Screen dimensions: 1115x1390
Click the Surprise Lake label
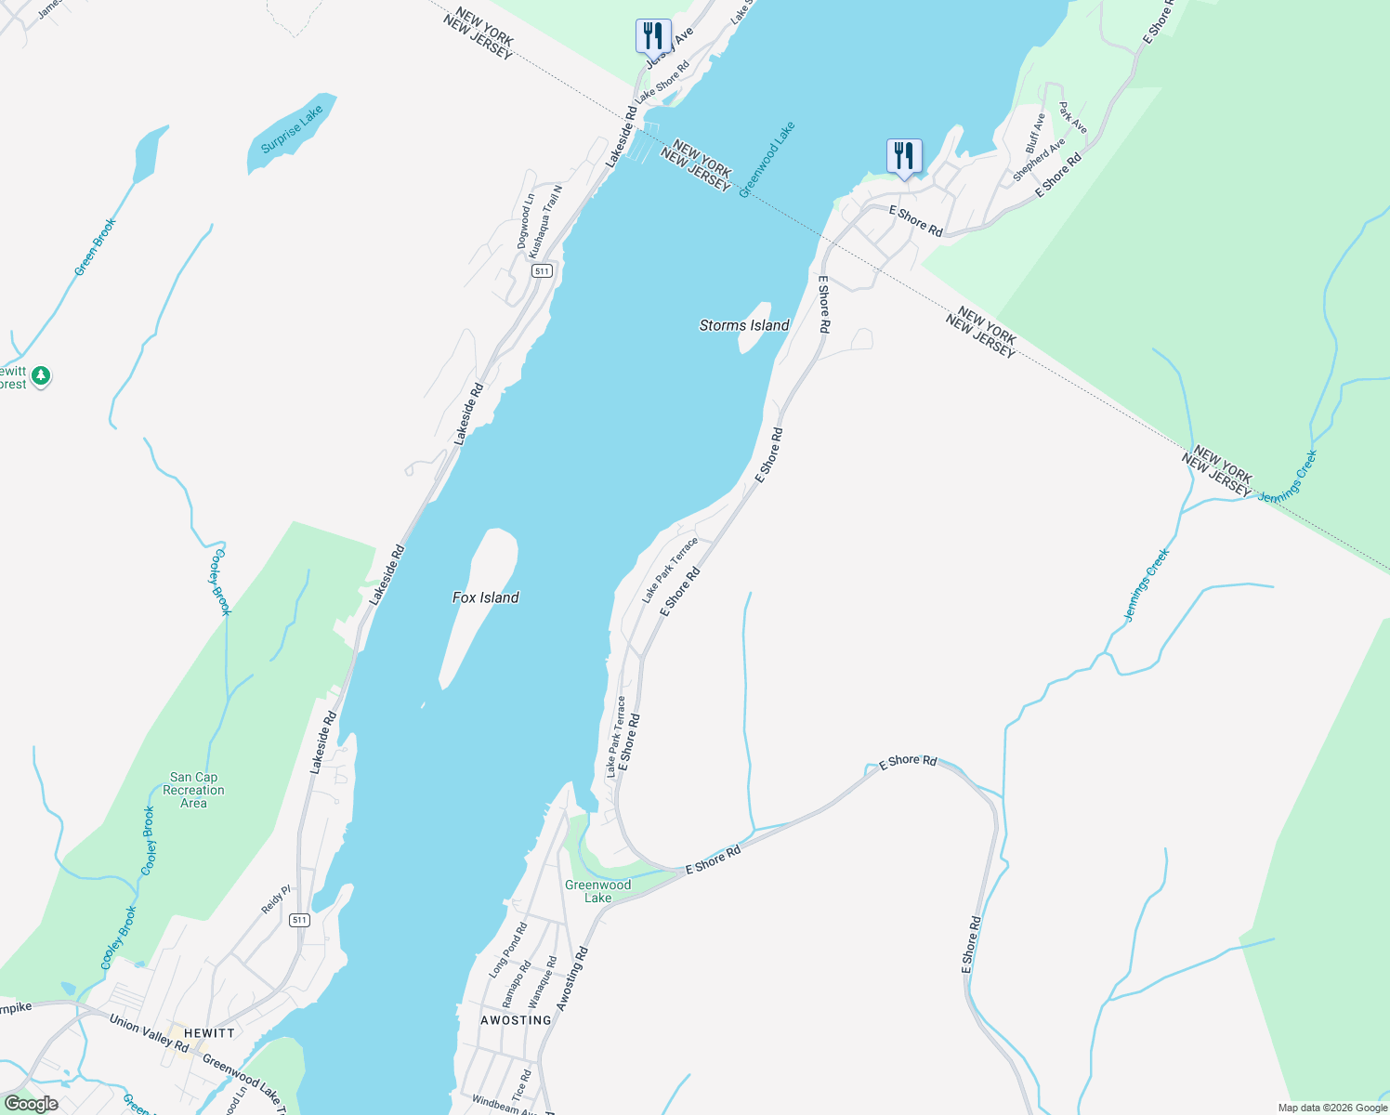pyautogui.click(x=292, y=129)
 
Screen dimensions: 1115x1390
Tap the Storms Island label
pyautogui.click(x=744, y=325)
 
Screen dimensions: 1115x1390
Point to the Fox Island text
pyautogui.click(x=485, y=597)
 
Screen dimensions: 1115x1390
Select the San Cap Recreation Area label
pyautogui.click(x=193, y=790)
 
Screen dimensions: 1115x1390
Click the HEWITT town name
pyautogui.click(x=209, y=1033)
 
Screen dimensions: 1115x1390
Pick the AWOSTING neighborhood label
pyautogui.click(x=516, y=1020)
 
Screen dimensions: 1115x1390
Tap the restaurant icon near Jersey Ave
pyautogui.click(x=653, y=36)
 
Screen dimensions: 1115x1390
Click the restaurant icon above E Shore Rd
pyautogui.click(x=904, y=155)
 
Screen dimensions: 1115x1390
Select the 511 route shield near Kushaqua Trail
pyautogui.click(x=543, y=271)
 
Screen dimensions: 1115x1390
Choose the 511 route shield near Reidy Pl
pyautogui.click(x=298, y=920)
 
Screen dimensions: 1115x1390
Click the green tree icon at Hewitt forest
pyautogui.click(x=40, y=376)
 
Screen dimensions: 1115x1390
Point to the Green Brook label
pyautogui.click(x=96, y=247)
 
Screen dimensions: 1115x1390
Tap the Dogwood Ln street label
pyautogui.click(x=526, y=221)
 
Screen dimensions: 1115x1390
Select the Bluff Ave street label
pyautogui.click(x=1035, y=134)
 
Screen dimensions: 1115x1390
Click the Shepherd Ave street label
pyautogui.click(x=1039, y=160)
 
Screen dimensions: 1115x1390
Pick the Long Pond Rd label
pyautogui.click(x=508, y=950)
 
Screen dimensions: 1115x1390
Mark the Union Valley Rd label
pyautogui.click(x=149, y=1034)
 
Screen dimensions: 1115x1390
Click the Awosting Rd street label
pyautogui.click(x=572, y=979)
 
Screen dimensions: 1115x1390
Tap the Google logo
pyautogui.click(x=31, y=1104)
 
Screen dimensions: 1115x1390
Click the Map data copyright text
pyautogui.click(x=1331, y=1108)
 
